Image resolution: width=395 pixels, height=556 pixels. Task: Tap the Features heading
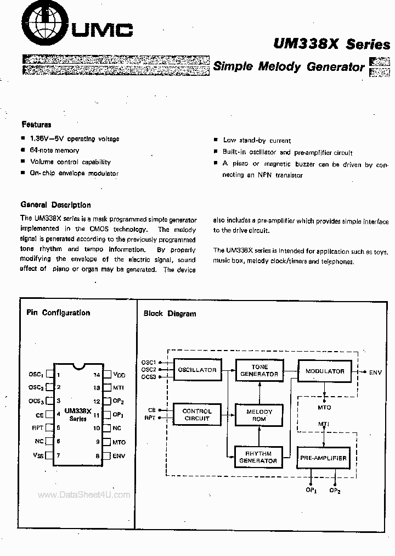coord(36,125)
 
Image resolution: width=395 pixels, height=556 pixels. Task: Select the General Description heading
coord(55,205)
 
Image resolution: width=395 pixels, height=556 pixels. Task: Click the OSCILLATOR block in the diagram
coord(197,370)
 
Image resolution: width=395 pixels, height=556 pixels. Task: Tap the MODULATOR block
coord(325,371)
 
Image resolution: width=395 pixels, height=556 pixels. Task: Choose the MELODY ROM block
coord(259,415)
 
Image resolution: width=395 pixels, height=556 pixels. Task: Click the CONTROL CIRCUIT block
coord(197,415)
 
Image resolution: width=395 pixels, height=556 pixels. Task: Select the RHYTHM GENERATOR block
coord(257,457)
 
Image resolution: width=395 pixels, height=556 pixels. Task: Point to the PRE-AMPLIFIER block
coord(324,458)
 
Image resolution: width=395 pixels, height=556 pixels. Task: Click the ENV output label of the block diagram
coord(375,372)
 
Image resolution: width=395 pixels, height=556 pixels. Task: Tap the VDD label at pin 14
coord(119,375)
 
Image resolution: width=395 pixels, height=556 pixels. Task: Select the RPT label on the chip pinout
coord(37,428)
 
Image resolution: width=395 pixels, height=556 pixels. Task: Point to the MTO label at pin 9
coord(119,442)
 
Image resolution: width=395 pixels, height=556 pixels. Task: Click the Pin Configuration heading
coord(58,313)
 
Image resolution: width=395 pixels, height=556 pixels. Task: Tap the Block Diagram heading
coord(170,314)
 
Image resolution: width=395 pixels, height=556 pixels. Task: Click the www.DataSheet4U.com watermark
coord(84,494)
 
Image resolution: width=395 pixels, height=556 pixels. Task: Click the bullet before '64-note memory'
coord(23,150)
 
